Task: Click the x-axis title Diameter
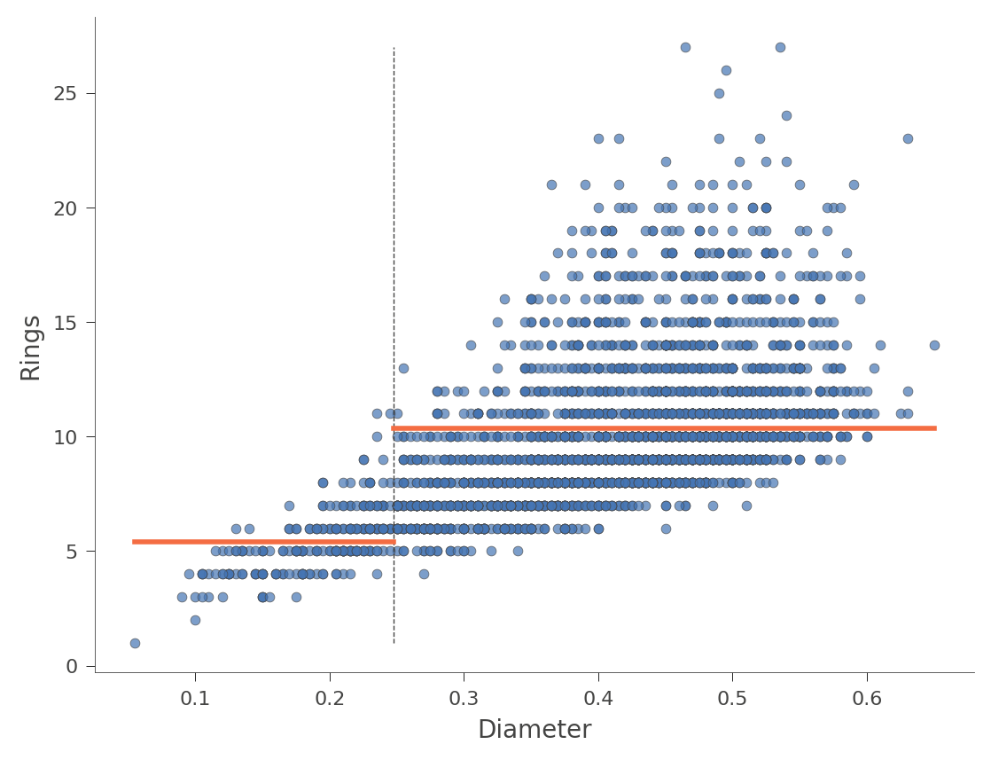pyautogui.click(x=534, y=730)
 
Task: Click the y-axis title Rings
pyautogui.click(x=31, y=348)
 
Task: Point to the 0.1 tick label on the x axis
pyautogui.click(x=195, y=698)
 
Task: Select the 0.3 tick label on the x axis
pyautogui.click(x=464, y=698)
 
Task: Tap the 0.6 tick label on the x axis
pyautogui.click(x=867, y=698)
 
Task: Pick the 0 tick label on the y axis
pyautogui.click(x=73, y=666)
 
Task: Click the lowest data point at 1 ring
pyautogui.click(x=135, y=643)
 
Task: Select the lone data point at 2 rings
pyautogui.click(x=195, y=620)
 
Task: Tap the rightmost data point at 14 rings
pyautogui.click(x=934, y=345)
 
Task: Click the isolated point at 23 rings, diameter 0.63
pyautogui.click(x=908, y=138)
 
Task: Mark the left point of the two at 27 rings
pyautogui.click(x=685, y=47)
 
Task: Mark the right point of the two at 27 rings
pyautogui.click(x=780, y=47)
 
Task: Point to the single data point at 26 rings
pyautogui.click(x=726, y=70)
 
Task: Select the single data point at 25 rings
pyautogui.click(x=719, y=93)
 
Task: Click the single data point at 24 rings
pyautogui.click(x=786, y=115)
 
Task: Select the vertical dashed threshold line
pyautogui.click(x=394, y=266)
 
